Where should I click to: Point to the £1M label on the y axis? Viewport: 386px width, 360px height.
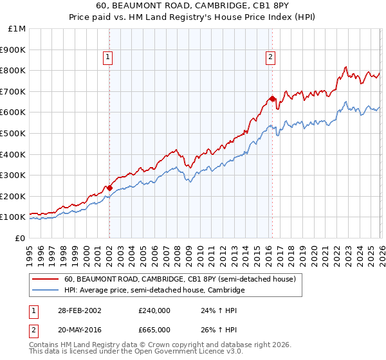pos(17,28)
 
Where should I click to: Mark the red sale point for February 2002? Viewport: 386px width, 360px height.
pos(109,188)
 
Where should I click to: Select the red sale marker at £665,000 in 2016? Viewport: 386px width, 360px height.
pos(272,98)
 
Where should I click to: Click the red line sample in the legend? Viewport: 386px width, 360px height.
pos(45,280)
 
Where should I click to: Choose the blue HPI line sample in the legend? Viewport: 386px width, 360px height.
pos(45,291)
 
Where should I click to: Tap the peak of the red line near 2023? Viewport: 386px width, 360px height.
pos(346,66)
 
